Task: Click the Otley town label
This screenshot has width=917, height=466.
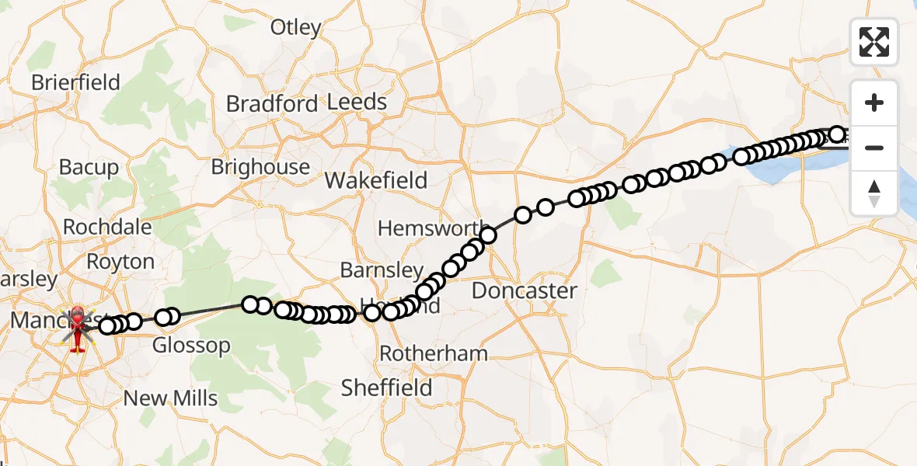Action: click(295, 28)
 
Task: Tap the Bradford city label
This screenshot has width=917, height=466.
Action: click(272, 104)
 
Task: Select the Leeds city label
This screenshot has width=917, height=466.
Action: click(357, 102)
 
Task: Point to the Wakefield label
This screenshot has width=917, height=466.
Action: click(376, 181)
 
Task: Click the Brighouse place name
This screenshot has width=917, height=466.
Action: click(260, 167)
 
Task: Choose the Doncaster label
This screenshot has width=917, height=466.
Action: click(525, 291)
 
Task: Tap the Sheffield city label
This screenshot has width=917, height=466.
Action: click(386, 388)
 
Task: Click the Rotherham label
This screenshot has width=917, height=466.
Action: click(434, 353)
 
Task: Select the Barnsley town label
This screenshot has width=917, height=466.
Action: click(382, 270)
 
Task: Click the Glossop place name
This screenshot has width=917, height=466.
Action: click(190, 346)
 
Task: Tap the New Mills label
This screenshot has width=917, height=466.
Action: click(171, 398)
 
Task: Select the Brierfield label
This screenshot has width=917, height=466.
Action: click(75, 82)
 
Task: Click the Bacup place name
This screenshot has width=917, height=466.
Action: click(89, 167)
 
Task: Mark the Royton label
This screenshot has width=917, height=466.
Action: click(120, 262)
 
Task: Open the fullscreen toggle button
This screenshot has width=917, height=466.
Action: click(874, 42)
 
